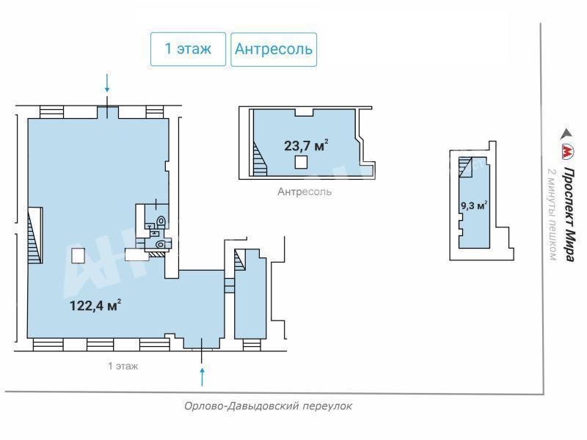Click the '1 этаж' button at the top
189,49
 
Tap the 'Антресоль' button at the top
274,49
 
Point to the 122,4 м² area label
95,305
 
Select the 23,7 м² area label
306,145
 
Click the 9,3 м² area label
474,205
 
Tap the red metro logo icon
567,153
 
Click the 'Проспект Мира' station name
569,214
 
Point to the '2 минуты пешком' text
553,214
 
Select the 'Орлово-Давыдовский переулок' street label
268,406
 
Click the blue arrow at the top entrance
107,83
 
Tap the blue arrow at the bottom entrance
203,377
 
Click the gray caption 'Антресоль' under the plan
305,191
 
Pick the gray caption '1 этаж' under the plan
123,366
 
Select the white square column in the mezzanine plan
301,162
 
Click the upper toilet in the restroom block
161,221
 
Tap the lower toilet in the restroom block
161,245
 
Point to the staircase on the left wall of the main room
35,235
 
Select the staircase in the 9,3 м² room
466,166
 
